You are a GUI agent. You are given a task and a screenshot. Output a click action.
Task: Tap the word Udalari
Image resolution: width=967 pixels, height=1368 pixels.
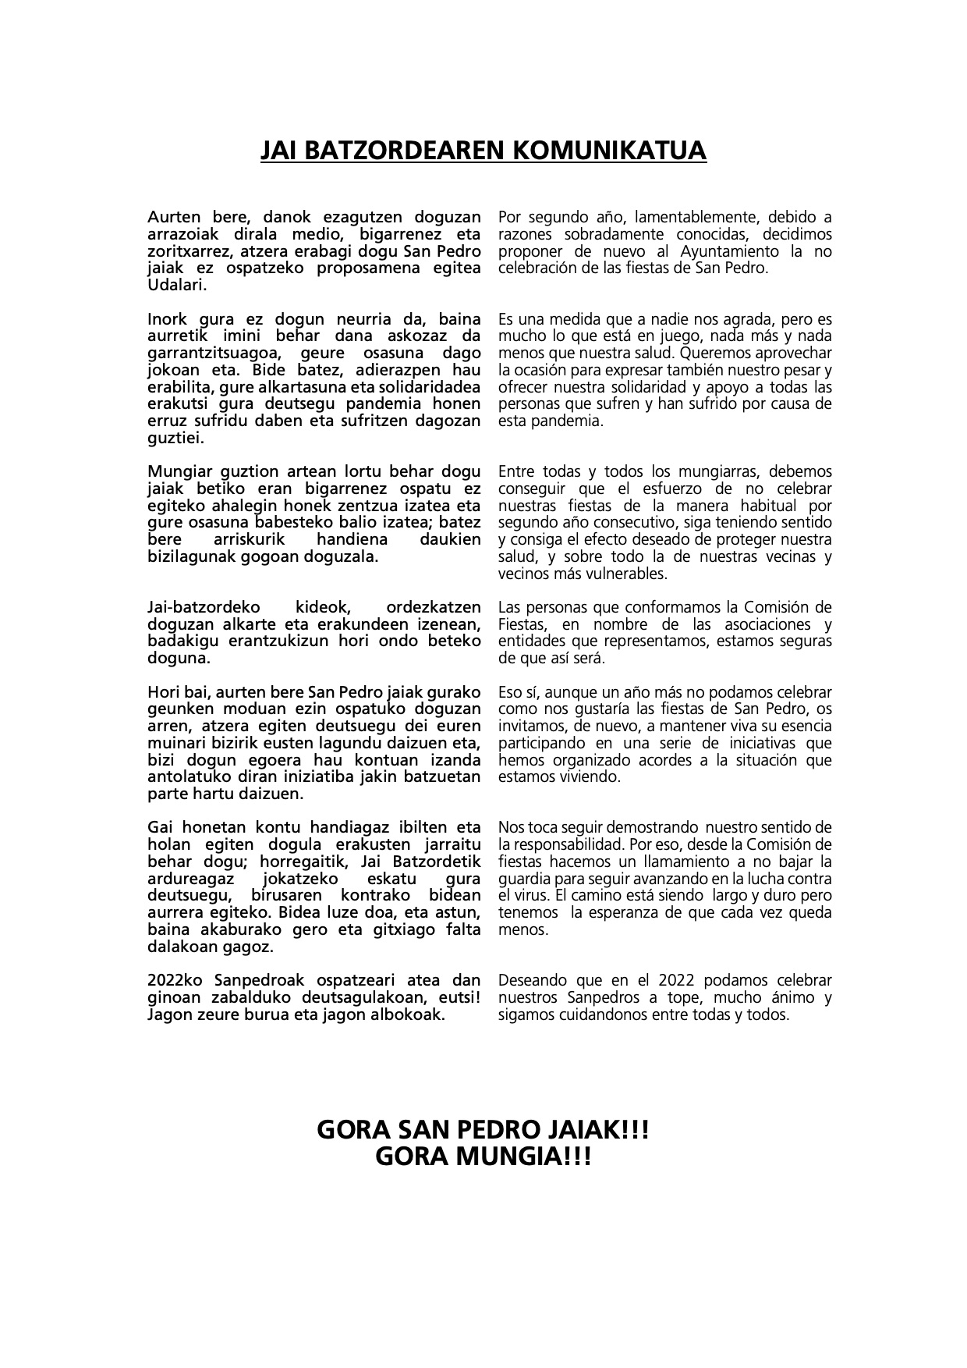click(177, 285)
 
